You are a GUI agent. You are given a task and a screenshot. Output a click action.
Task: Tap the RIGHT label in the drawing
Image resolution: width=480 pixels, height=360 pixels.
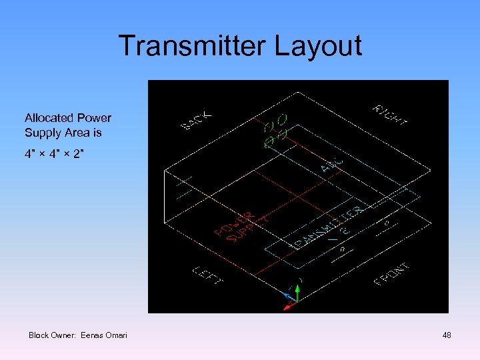[390, 114]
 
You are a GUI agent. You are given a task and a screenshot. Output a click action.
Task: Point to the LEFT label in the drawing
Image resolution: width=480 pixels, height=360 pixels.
[206, 275]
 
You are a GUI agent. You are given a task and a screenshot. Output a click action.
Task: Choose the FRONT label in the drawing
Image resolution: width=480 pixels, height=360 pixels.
[392, 274]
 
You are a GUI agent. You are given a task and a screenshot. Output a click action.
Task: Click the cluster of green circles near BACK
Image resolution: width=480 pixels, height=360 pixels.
[275, 131]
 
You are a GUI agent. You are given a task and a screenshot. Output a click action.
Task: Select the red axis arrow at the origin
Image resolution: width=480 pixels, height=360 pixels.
[289, 306]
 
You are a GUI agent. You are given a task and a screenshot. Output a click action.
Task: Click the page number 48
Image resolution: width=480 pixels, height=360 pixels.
[447, 335]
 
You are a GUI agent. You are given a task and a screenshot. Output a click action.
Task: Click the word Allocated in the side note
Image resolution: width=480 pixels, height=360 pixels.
[47, 118]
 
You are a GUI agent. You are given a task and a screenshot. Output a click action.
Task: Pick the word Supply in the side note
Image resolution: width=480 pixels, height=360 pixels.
[42, 133]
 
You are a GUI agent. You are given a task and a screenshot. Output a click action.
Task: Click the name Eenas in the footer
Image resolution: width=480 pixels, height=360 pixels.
[91, 335]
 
